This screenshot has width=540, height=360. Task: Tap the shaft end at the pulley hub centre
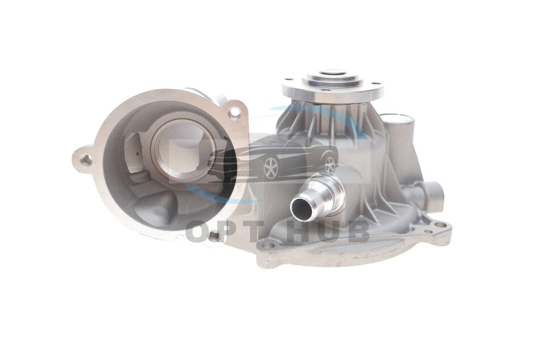(x=333, y=73)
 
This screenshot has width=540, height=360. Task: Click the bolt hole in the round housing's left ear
(x=86, y=160)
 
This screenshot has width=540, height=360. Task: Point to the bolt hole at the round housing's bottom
(x=214, y=235)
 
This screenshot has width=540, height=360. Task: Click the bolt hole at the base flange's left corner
(x=269, y=246)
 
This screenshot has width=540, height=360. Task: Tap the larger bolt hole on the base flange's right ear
(x=439, y=225)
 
